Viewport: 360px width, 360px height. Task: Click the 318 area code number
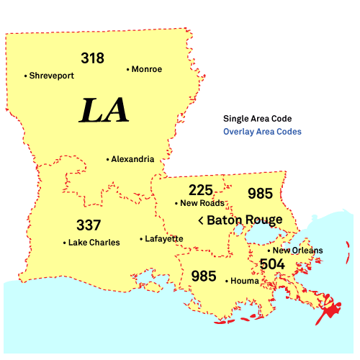pyautogui.click(x=92, y=58)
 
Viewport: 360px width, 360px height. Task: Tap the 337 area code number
pyautogui.click(x=89, y=225)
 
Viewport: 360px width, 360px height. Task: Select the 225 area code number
pyautogui.click(x=201, y=190)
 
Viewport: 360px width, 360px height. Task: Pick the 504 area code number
pyautogui.click(x=272, y=264)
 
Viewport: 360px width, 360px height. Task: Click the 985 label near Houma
pyautogui.click(x=204, y=276)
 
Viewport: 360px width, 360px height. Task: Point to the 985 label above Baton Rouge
pyautogui.click(x=260, y=194)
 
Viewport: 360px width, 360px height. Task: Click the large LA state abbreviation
pyautogui.click(x=104, y=110)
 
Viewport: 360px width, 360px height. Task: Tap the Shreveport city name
pyautogui.click(x=51, y=75)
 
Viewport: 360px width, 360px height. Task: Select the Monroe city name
pyautogui.click(x=148, y=69)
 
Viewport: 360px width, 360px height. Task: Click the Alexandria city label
pyautogui.click(x=132, y=159)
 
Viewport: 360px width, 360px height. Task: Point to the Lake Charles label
pyautogui.click(x=94, y=243)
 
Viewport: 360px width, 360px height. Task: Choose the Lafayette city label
pyautogui.click(x=164, y=238)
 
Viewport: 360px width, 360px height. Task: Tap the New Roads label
pyautogui.click(x=202, y=203)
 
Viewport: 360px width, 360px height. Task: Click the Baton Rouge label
pyautogui.click(x=244, y=220)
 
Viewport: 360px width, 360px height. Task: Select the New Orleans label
pyautogui.click(x=297, y=251)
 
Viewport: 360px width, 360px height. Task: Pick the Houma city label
pyautogui.click(x=243, y=282)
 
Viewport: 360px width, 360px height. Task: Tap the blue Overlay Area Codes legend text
pyautogui.click(x=262, y=132)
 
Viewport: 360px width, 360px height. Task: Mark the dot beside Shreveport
pyautogui.click(x=25, y=76)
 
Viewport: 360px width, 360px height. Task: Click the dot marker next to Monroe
pyautogui.click(x=128, y=70)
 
